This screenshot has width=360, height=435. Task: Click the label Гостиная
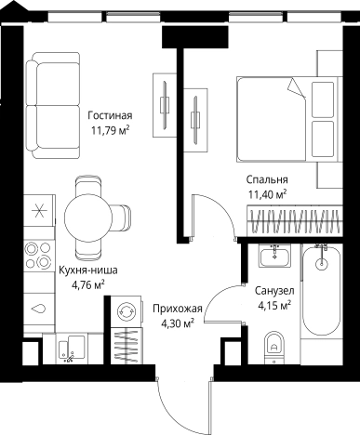click(x=110, y=115)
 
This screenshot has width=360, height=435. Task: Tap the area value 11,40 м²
click(x=267, y=194)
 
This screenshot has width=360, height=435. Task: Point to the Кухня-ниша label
click(x=88, y=270)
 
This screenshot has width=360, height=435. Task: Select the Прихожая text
click(x=178, y=309)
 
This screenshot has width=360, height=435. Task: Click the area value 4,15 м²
click(x=274, y=306)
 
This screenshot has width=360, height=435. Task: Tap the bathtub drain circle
click(x=321, y=264)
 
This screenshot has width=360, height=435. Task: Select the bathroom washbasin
click(x=274, y=256)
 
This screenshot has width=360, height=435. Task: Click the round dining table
click(x=88, y=217)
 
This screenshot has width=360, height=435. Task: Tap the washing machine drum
click(x=126, y=310)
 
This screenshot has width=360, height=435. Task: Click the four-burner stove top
click(x=38, y=256)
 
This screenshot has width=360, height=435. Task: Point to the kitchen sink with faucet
click(x=72, y=348)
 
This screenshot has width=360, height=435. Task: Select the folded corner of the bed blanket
click(x=296, y=87)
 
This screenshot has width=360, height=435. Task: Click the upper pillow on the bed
click(x=323, y=99)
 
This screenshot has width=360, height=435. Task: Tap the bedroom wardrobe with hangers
click(x=295, y=221)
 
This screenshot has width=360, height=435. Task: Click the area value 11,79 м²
click(x=110, y=130)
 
